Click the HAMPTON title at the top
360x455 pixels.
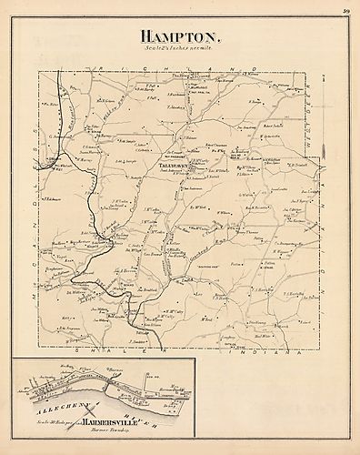point(180,37)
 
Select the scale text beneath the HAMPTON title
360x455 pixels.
point(180,49)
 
